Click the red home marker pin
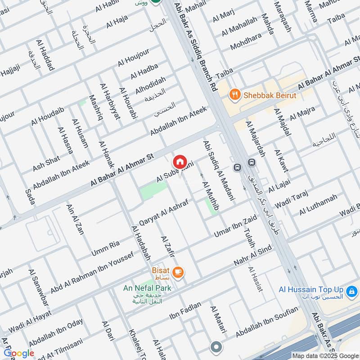[x=180, y=161]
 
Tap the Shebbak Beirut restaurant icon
[x=234, y=95]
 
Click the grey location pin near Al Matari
[x=216, y=347]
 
